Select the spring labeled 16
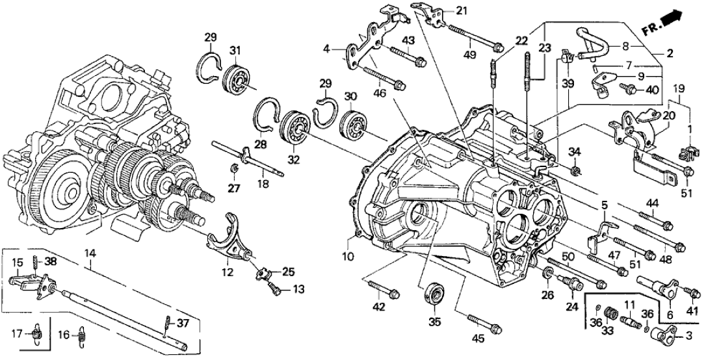[x=80, y=335]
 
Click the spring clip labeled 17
[x=38, y=335]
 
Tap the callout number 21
[x=462, y=10]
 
